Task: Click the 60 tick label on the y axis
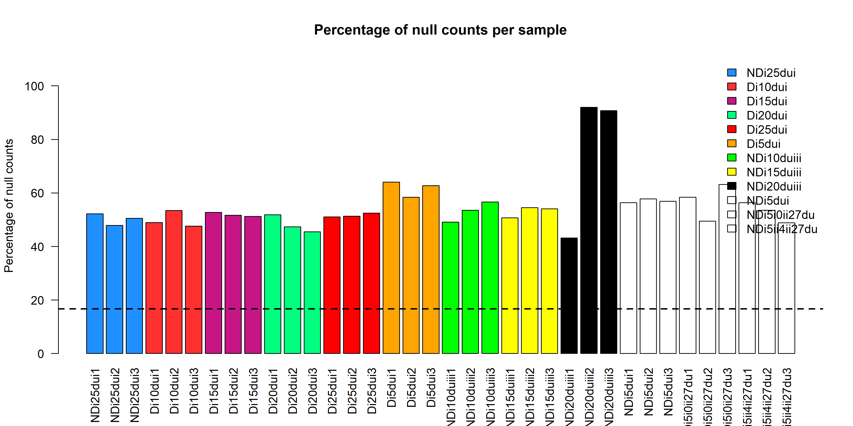37,193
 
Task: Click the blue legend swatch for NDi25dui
731,72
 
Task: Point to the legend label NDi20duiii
774,186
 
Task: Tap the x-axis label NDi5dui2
648,392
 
